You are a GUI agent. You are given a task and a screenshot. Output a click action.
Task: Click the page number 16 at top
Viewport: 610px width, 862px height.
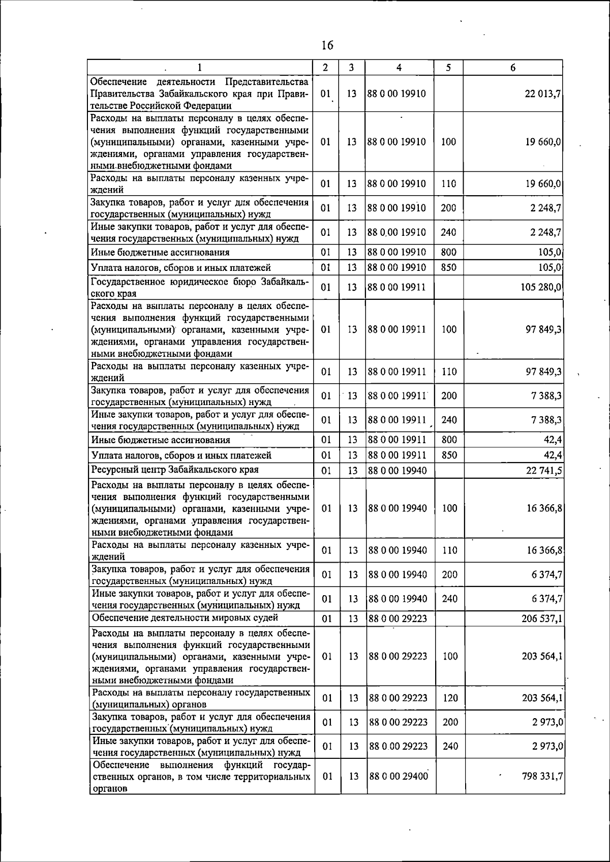pos(327,46)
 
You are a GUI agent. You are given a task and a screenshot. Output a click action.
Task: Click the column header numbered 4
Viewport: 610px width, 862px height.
pos(399,68)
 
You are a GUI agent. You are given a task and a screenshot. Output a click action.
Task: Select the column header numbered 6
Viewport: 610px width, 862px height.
pos(513,68)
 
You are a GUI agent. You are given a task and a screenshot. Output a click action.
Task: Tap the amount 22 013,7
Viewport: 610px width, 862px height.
pos(542,94)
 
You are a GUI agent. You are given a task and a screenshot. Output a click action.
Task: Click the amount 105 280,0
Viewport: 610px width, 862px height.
pos(541,288)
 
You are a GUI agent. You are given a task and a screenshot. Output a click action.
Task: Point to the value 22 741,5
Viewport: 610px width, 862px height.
pos(544,471)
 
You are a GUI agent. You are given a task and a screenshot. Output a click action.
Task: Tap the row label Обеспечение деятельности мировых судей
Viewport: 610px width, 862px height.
pos(185,618)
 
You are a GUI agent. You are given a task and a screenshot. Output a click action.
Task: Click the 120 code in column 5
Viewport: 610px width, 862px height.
pos(450,698)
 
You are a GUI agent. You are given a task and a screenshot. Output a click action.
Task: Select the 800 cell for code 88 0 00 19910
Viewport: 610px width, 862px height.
pos(448,252)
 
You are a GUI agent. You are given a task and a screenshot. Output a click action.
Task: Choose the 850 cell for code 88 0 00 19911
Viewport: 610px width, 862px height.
pos(449,455)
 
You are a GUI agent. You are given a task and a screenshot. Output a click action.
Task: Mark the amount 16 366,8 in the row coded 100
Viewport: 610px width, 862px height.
pos(544,508)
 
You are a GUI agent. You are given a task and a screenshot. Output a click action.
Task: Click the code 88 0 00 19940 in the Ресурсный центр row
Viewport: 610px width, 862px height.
pos(398,471)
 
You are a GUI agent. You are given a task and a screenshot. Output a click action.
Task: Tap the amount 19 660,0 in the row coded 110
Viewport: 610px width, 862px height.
pos(543,184)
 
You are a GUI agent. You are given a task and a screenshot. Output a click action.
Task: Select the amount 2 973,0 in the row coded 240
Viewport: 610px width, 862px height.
pos(547,747)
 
